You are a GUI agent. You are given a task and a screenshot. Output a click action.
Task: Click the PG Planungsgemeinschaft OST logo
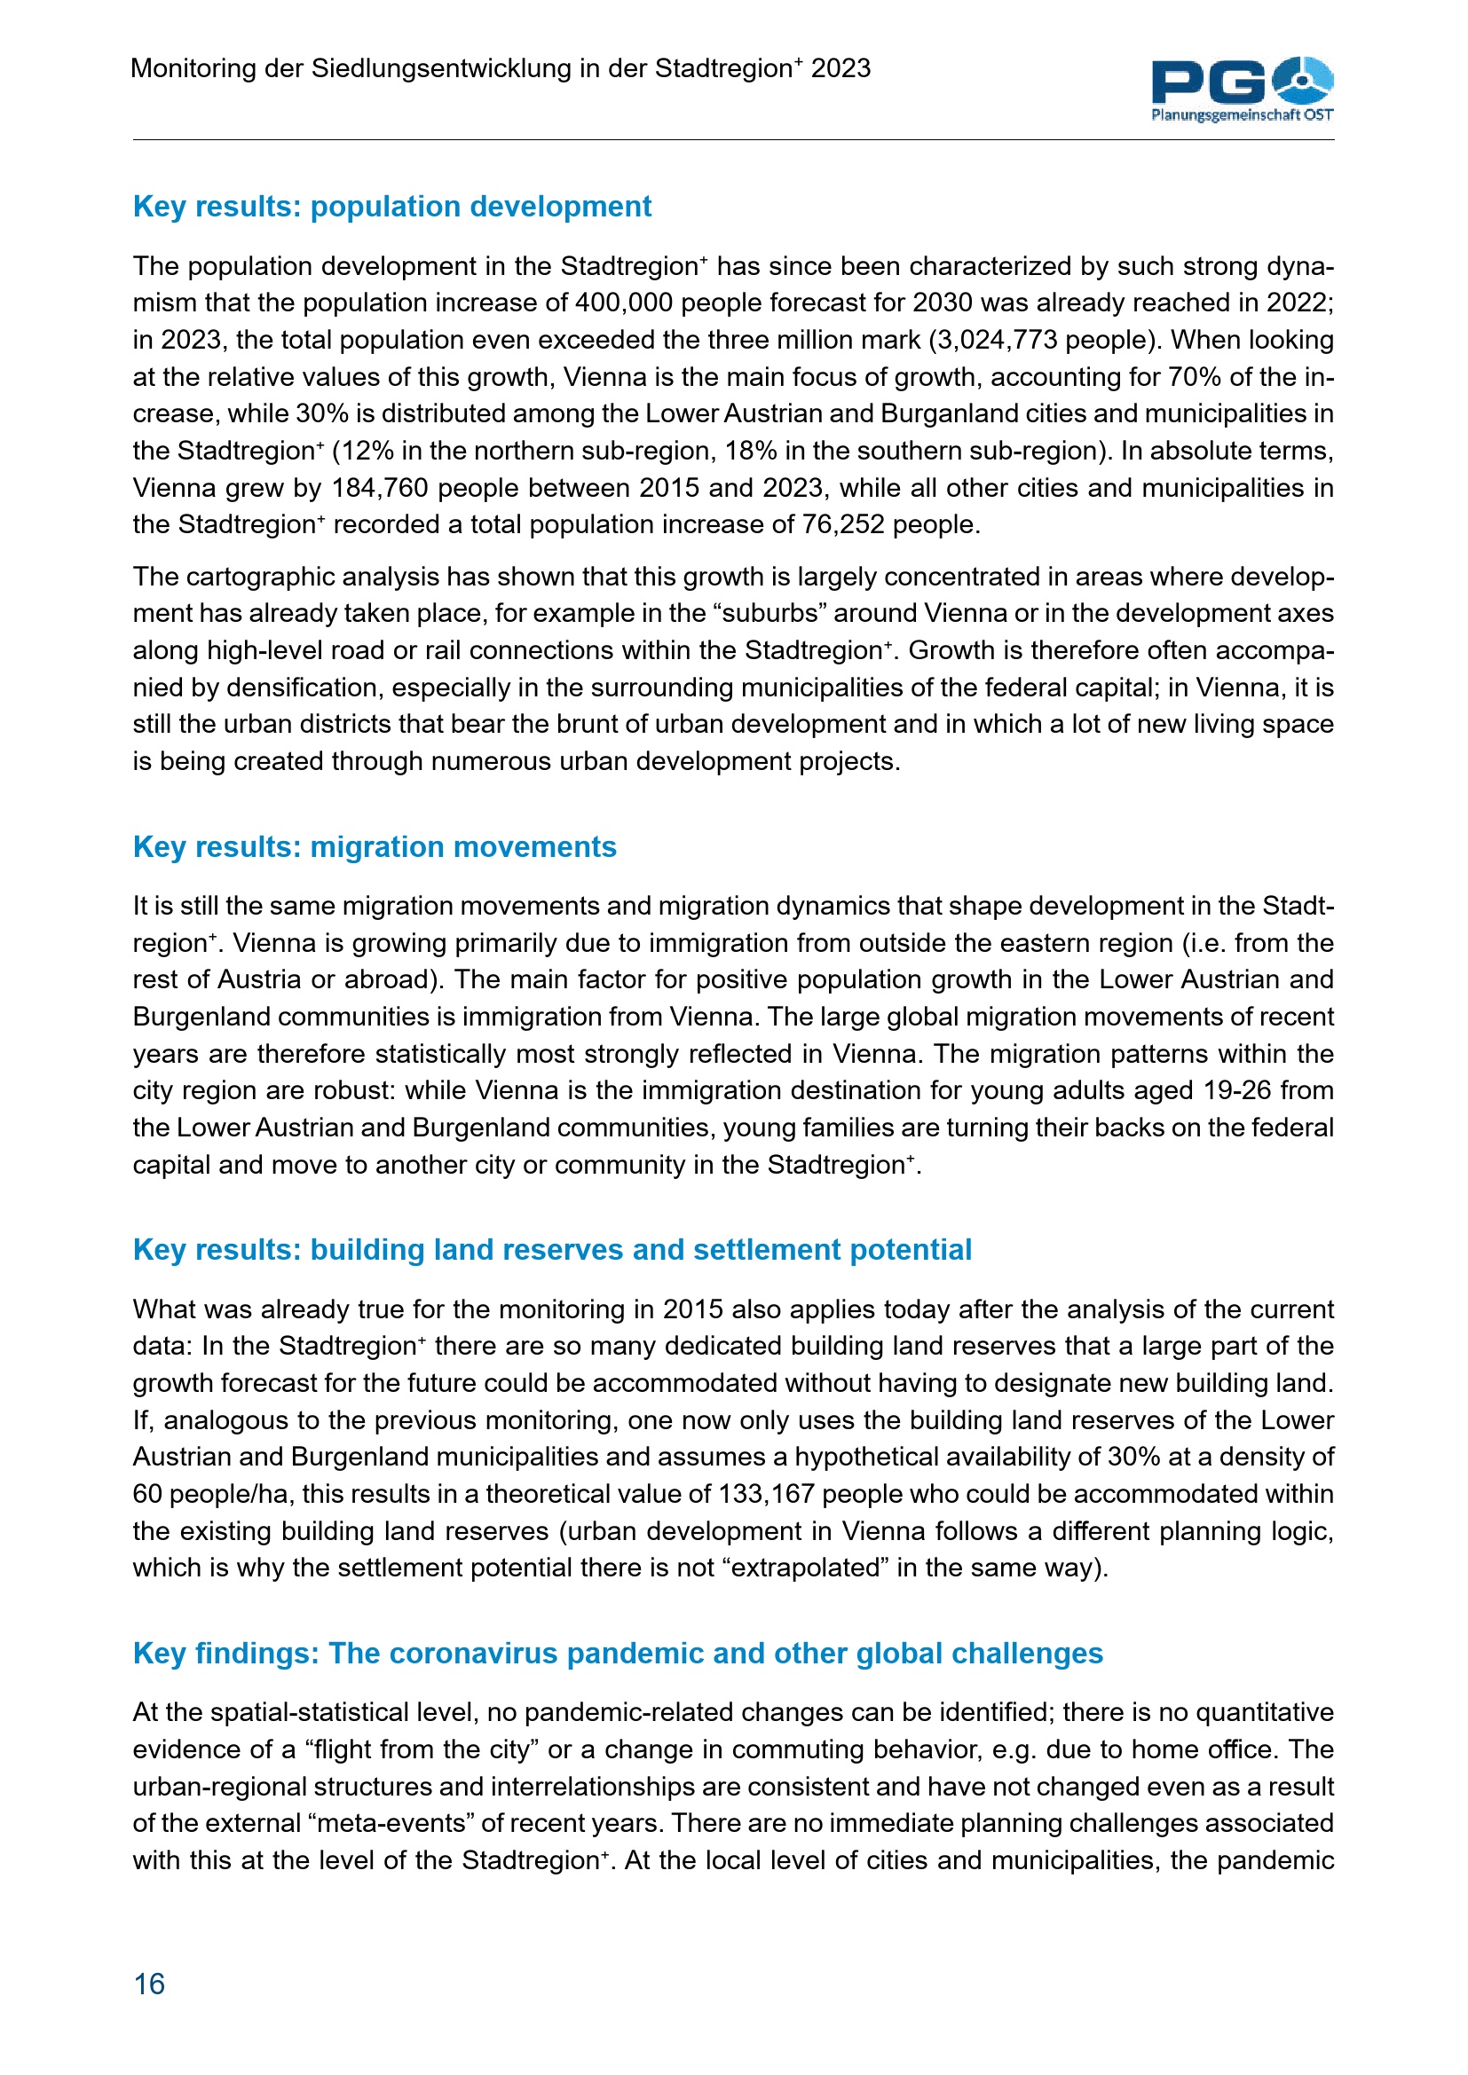click(x=1241, y=89)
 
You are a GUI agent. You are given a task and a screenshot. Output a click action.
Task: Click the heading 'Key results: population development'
click(x=391, y=206)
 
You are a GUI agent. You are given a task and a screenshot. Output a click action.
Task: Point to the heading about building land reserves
click(x=551, y=1249)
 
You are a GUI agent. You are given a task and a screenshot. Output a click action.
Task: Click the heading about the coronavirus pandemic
click(x=618, y=1652)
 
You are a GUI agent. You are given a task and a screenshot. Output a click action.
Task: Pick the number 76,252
click(x=842, y=524)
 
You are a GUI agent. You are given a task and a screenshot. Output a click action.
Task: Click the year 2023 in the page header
click(x=841, y=68)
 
